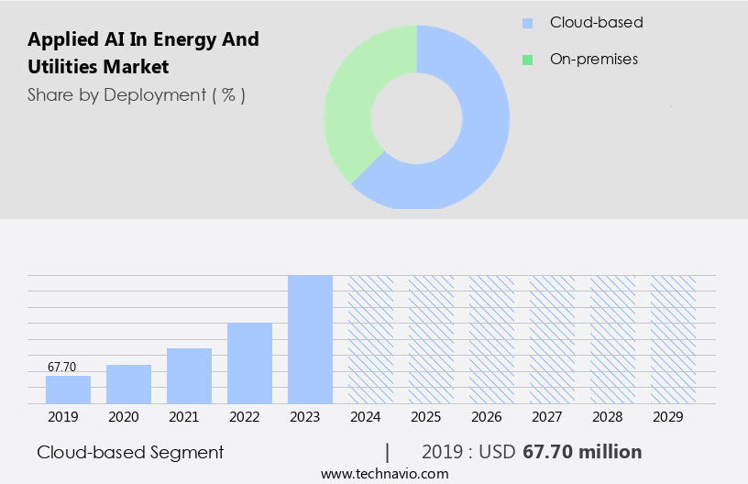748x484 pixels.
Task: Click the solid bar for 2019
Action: [x=68, y=390]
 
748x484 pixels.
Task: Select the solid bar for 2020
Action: [x=128, y=384]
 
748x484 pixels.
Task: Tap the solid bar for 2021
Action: [x=189, y=376]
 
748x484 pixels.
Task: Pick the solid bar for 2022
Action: [x=249, y=363]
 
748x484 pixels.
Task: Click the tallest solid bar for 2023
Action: [x=310, y=339]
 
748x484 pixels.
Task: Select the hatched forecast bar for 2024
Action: [x=370, y=339]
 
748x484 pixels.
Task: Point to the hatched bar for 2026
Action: [x=491, y=339]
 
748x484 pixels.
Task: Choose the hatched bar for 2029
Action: [x=673, y=339]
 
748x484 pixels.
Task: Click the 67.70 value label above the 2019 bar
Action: [x=61, y=367]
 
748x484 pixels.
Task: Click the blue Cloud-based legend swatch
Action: [x=527, y=23]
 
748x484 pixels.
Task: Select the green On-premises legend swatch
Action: [x=527, y=60]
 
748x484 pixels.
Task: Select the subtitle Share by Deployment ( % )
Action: [x=136, y=94]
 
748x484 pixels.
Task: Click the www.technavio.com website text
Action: [x=384, y=473]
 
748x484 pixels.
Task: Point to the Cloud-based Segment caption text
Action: [x=130, y=452]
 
